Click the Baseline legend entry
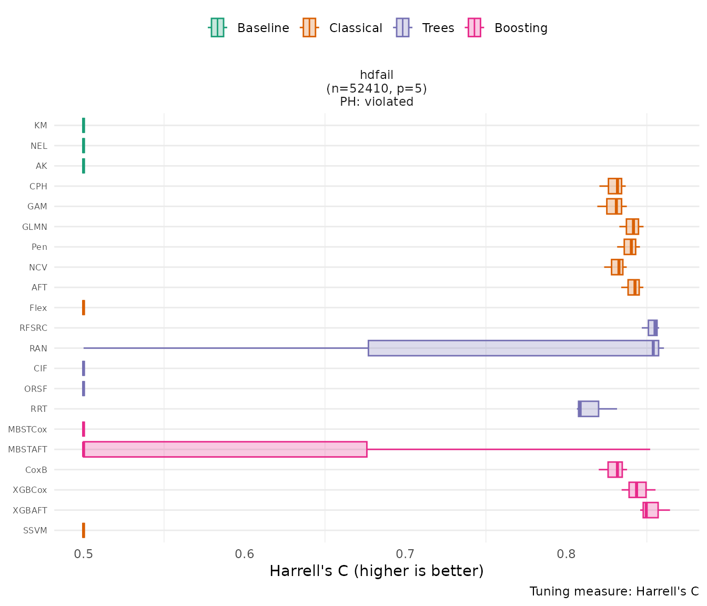[x=249, y=28]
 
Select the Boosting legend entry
[x=508, y=28]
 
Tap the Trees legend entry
[x=425, y=28]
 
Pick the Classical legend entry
[x=342, y=28]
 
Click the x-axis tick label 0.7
[x=406, y=554]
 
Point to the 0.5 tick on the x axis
[x=84, y=554]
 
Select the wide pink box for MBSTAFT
[x=225, y=449]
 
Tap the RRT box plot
[x=589, y=409]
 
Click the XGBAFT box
[x=650, y=510]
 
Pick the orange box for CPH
[x=614, y=186]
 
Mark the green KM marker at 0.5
[x=84, y=125]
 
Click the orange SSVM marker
[x=84, y=530]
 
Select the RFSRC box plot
[x=652, y=328]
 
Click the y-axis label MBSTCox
[x=27, y=429]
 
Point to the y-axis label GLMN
[x=35, y=227]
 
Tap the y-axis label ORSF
[x=36, y=389]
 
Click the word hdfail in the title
[x=377, y=75]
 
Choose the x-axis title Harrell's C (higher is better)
[x=377, y=571]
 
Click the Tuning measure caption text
[x=614, y=591]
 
